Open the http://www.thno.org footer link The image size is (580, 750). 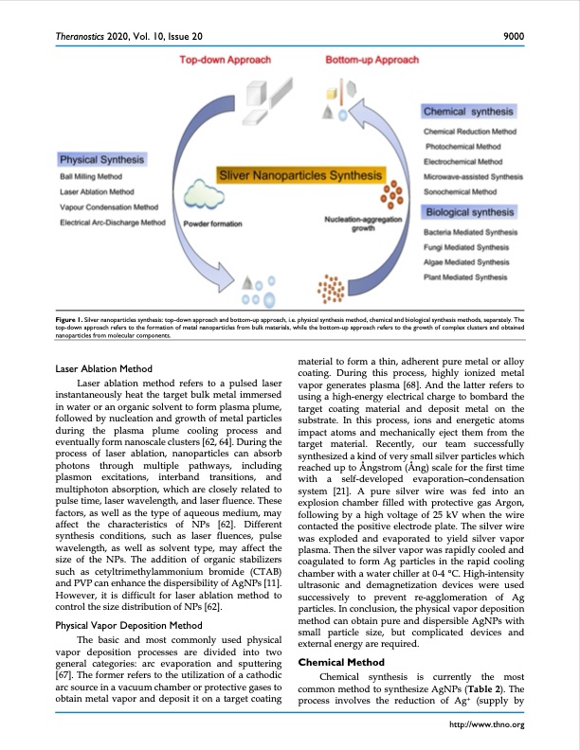click(490, 725)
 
